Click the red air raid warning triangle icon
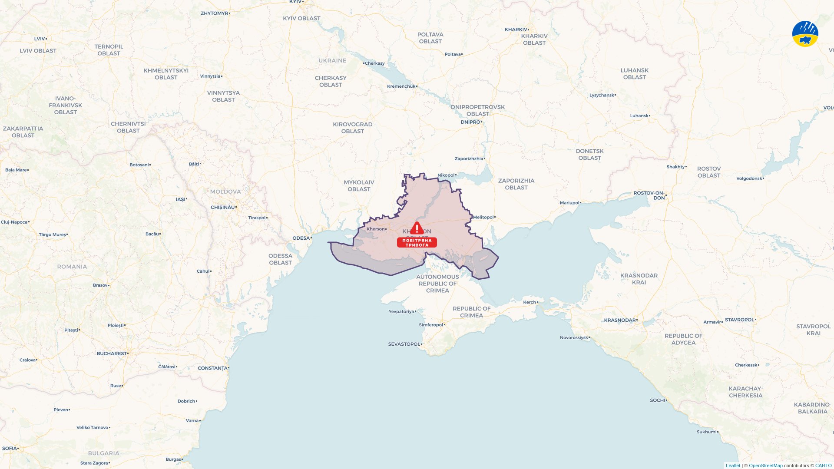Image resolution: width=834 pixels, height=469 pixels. (x=417, y=228)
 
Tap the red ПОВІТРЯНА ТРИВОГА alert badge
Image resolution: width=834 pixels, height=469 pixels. (x=417, y=242)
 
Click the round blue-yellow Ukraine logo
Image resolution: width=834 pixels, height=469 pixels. (x=805, y=34)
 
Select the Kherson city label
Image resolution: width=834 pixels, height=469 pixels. (x=376, y=229)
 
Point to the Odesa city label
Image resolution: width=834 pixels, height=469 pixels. (x=301, y=238)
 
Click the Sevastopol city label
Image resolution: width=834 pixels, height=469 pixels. (x=404, y=344)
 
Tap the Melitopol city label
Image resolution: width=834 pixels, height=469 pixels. (x=483, y=217)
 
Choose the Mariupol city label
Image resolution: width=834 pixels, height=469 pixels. (x=569, y=203)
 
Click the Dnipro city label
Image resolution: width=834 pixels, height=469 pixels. (x=470, y=122)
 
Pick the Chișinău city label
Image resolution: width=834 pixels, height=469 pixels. (x=223, y=207)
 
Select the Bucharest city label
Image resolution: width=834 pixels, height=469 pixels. (x=112, y=353)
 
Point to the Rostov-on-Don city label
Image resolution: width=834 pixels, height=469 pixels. (x=649, y=195)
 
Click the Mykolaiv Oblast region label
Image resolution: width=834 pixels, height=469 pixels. (x=359, y=185)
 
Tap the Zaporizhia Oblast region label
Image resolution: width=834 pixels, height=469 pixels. (x=516, y=184)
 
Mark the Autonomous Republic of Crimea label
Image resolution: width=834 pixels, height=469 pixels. (x=437, y=284)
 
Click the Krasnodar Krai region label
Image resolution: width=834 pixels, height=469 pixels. (x=639, y=279)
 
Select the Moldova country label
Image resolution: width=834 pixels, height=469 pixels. (x=225, y=192)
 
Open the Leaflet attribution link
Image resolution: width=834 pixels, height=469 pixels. (x=733, y=466)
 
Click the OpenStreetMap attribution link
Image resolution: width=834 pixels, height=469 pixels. (x=765, y=466)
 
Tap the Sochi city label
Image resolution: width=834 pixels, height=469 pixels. (x=658, y=400)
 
